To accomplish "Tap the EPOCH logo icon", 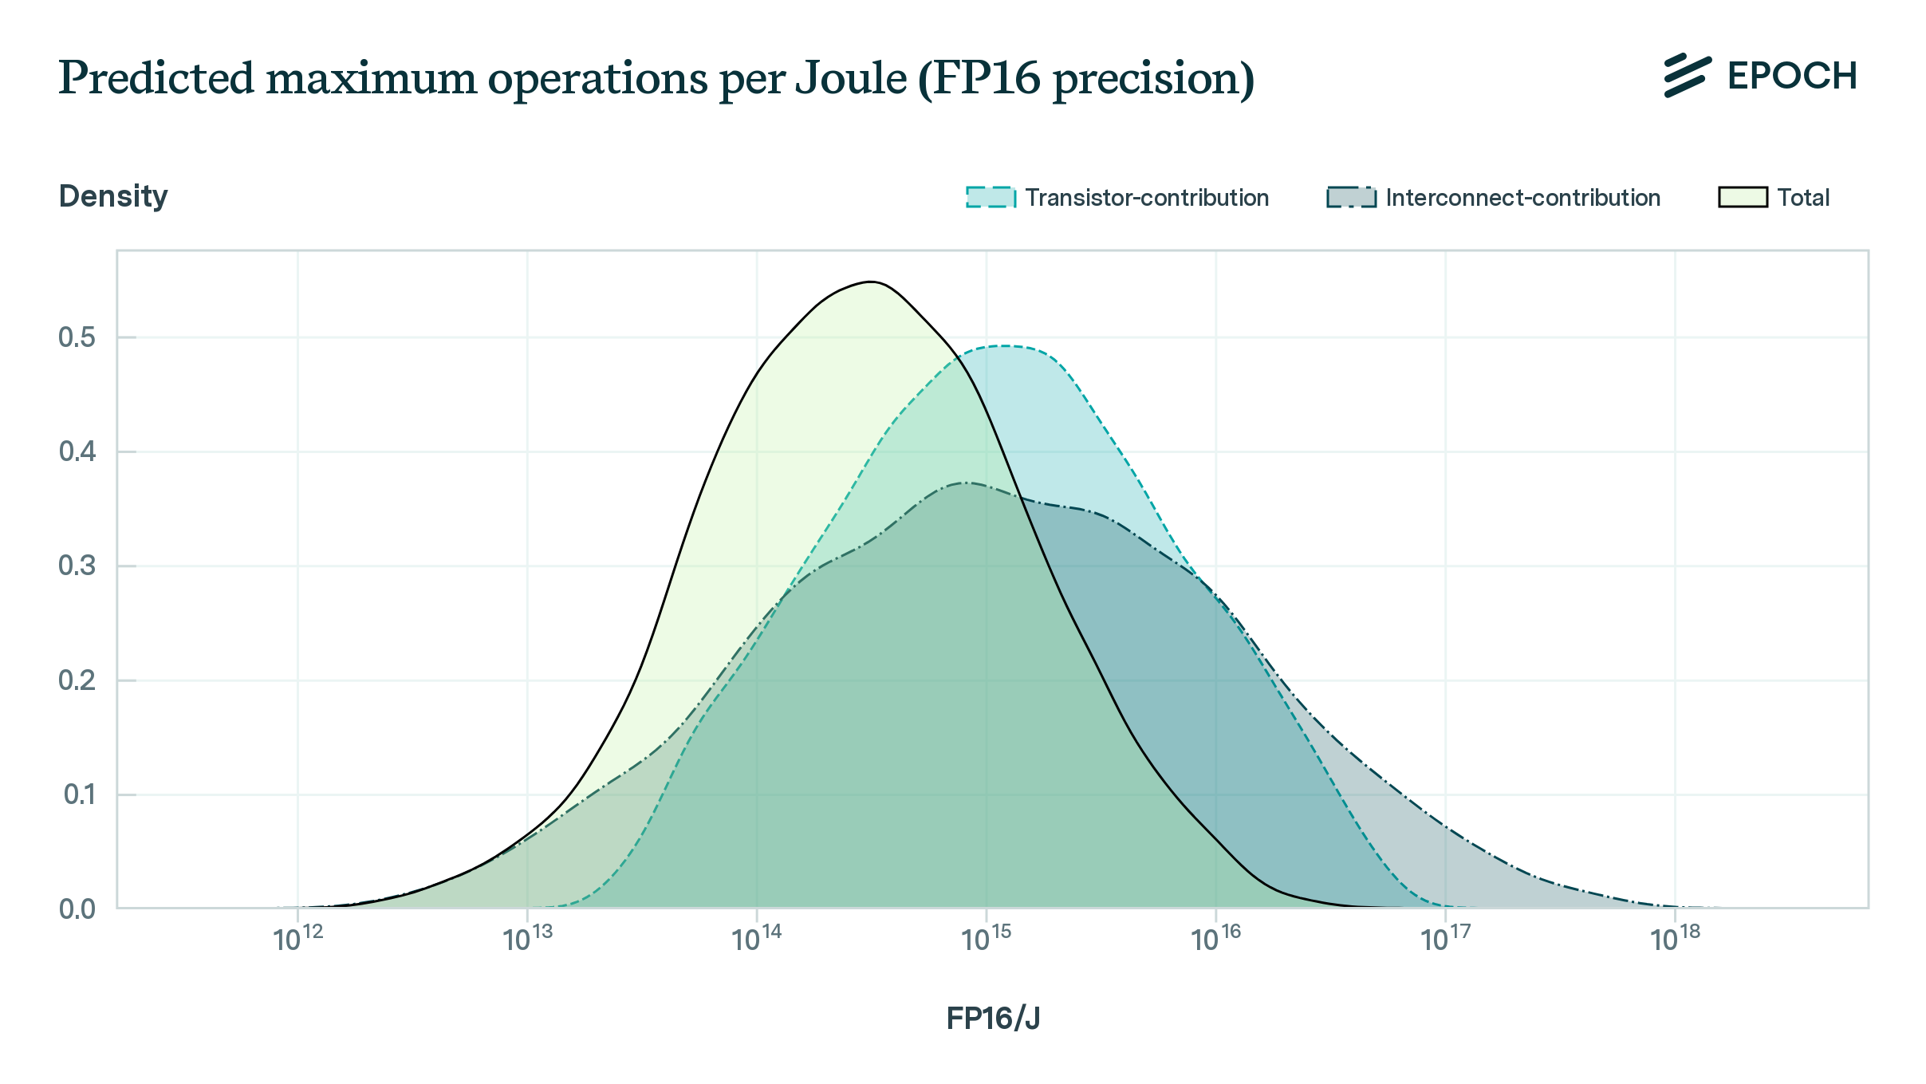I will coord(1687,76).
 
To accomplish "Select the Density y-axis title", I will coord(113,196).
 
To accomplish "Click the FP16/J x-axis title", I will coord(993,1019).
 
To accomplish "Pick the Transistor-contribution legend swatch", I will coord(991,197).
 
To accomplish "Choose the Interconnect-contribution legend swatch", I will coord(1351,197).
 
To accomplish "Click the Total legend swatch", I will coord(1743,197).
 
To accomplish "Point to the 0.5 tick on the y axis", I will coord(77,337).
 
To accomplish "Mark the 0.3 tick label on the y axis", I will coord(77,566).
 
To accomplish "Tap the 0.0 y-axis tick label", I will coord(77,909).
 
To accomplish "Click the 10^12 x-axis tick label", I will coord(298,940).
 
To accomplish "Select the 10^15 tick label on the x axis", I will coord(987,940).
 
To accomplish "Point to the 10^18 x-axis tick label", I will coord(1675,940).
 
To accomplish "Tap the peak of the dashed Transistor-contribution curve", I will coord(1003,346).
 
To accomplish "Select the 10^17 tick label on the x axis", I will coord(1446,940).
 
